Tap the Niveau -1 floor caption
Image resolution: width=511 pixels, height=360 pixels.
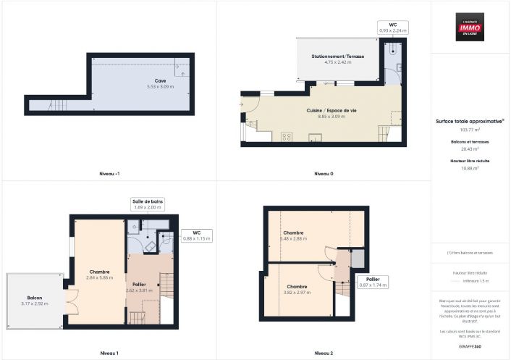click(109, 175)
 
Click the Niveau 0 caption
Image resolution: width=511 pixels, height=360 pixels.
click(324, 175)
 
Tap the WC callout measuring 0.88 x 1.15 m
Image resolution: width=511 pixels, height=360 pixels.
click(196, 235)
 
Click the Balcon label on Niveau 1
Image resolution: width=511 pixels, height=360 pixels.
click(34, 298)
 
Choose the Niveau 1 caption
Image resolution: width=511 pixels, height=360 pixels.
click(109, 353)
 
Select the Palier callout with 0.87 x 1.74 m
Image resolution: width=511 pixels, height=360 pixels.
click(373, 282)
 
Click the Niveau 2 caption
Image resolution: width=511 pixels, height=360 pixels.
click(324, 353)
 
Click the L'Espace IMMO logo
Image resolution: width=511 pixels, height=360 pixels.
click(470, 26)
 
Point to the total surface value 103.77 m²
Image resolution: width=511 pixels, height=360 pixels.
click(470, 130)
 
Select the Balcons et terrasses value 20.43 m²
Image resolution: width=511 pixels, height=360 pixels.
click(470, 148)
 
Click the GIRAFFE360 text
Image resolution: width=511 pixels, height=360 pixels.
click(470, 347)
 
